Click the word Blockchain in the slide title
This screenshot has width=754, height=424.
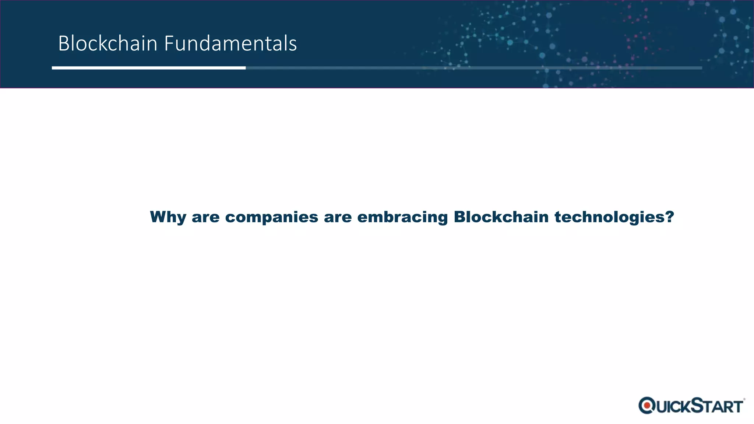tap(108, 43)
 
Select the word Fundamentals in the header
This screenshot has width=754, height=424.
tap(230, 43)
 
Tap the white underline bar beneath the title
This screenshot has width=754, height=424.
tap(148, 68)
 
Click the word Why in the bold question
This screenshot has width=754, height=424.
tap(168, 217)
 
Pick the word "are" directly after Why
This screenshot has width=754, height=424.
tap(205, 217)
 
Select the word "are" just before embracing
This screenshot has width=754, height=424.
tap(338, 217)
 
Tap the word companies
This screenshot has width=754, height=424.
tap(271, 217)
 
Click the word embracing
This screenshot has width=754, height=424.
tap(402, 217)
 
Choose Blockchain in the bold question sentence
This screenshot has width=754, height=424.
tap(501, 217)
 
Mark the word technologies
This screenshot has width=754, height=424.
tap(610, 217)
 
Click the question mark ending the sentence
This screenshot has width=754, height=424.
tap(670, 217)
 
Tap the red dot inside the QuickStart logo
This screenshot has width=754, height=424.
tap(647, 406)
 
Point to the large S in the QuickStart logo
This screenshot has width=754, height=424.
tap(697, 405)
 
